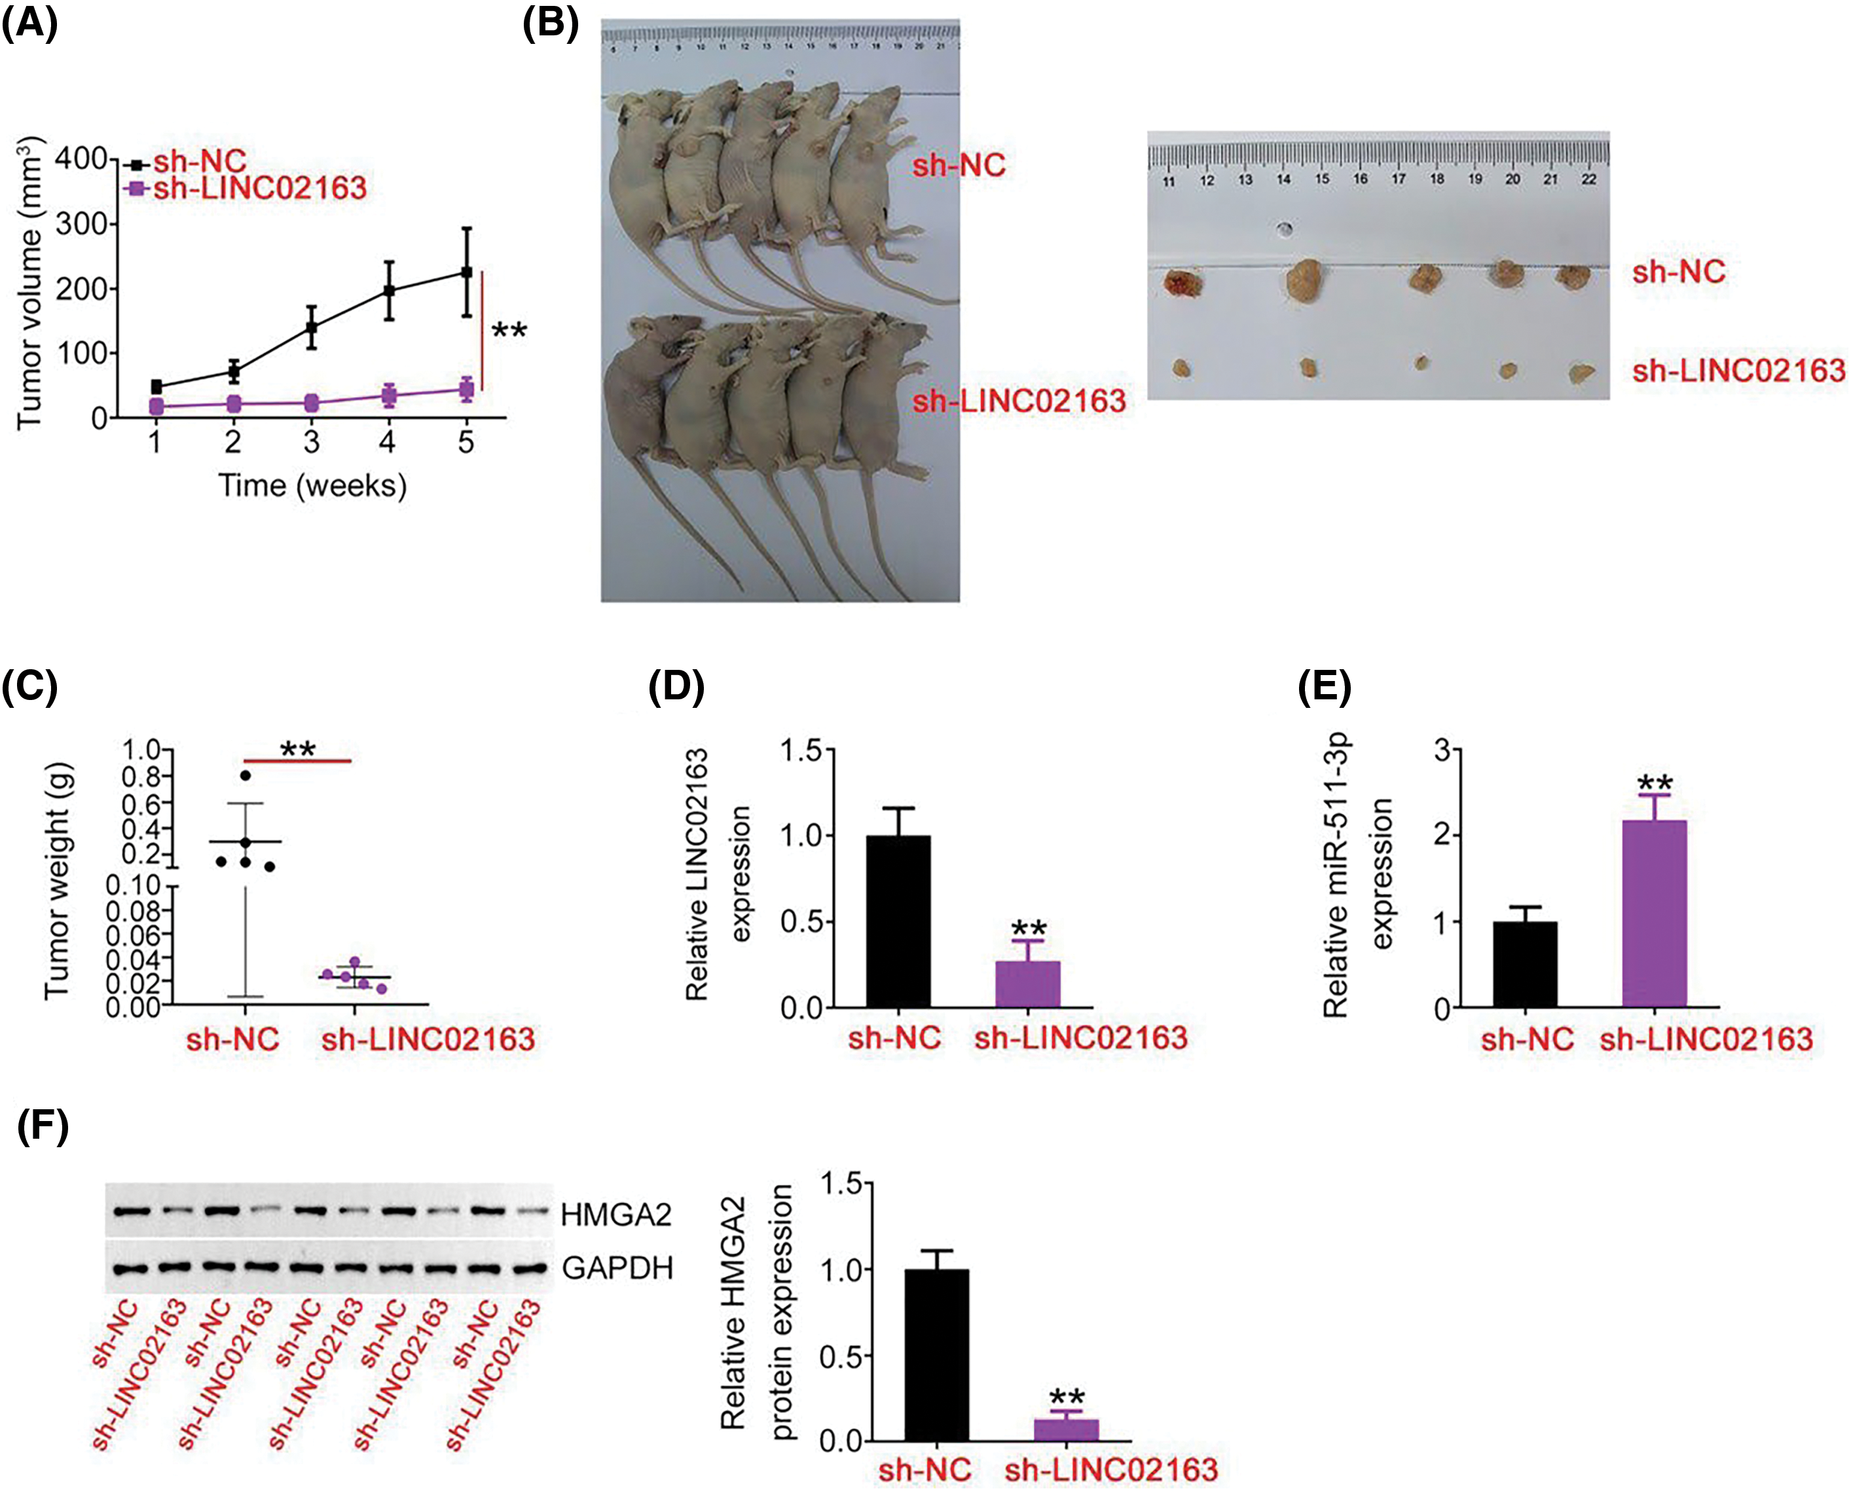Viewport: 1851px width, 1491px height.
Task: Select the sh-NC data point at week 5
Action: (466, 272)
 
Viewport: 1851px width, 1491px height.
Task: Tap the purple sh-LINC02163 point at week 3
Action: (311, 403)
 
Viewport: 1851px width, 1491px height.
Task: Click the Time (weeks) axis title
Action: (312, 486)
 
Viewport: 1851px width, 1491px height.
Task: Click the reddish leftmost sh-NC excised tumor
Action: (1182, 284)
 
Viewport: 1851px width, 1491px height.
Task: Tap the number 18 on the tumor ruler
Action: (1437, 179)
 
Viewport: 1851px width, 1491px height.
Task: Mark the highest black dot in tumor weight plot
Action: (246, 775)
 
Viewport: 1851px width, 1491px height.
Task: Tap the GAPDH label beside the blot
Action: (617, 1268)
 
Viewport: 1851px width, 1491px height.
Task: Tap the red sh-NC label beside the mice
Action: (959, 165)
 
